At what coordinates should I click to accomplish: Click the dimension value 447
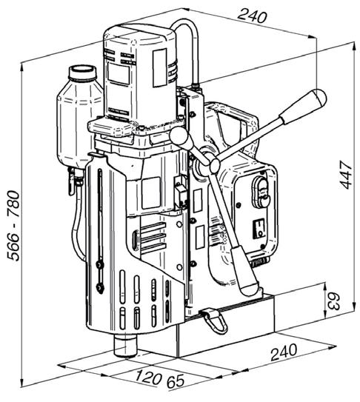[x=346, y=175]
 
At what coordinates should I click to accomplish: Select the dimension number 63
[x=333, y=302]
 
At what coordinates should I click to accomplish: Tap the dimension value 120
[x=148, y=377]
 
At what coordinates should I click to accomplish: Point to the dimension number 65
[x=176, y=381]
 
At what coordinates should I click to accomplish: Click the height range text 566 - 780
[x=13, y=226]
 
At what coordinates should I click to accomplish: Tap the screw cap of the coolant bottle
[x=82, y=73]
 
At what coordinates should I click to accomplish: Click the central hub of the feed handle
[x=214, y=164]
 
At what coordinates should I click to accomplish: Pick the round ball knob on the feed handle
[x=179, y=135]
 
